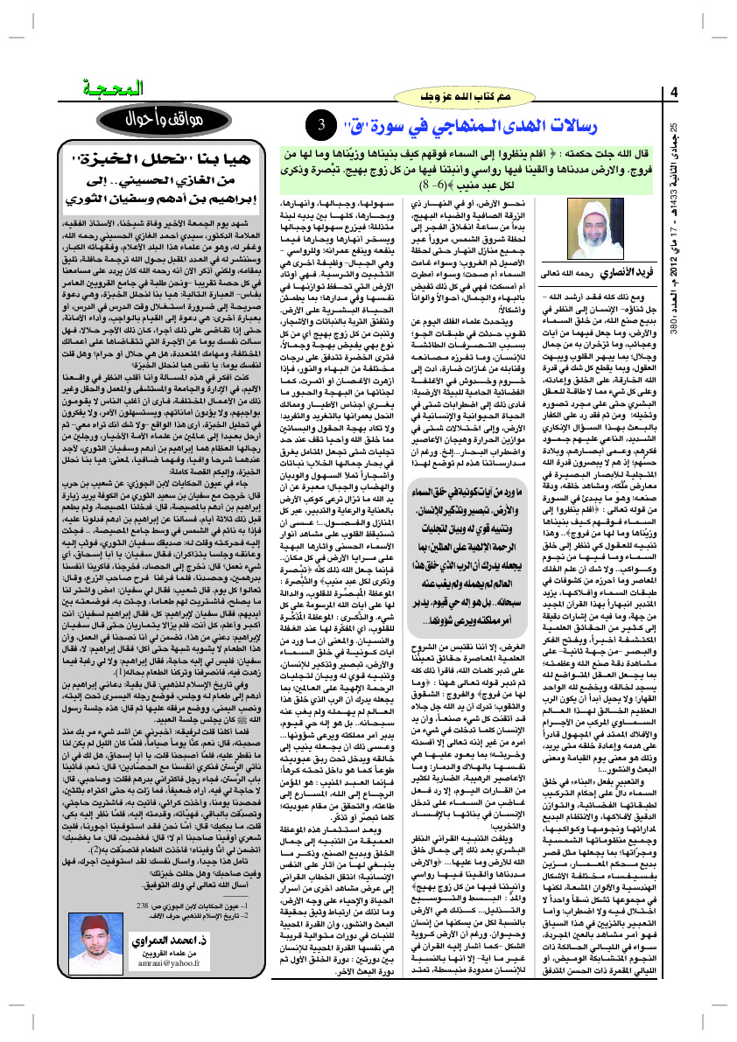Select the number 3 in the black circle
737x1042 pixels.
point(321,125)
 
